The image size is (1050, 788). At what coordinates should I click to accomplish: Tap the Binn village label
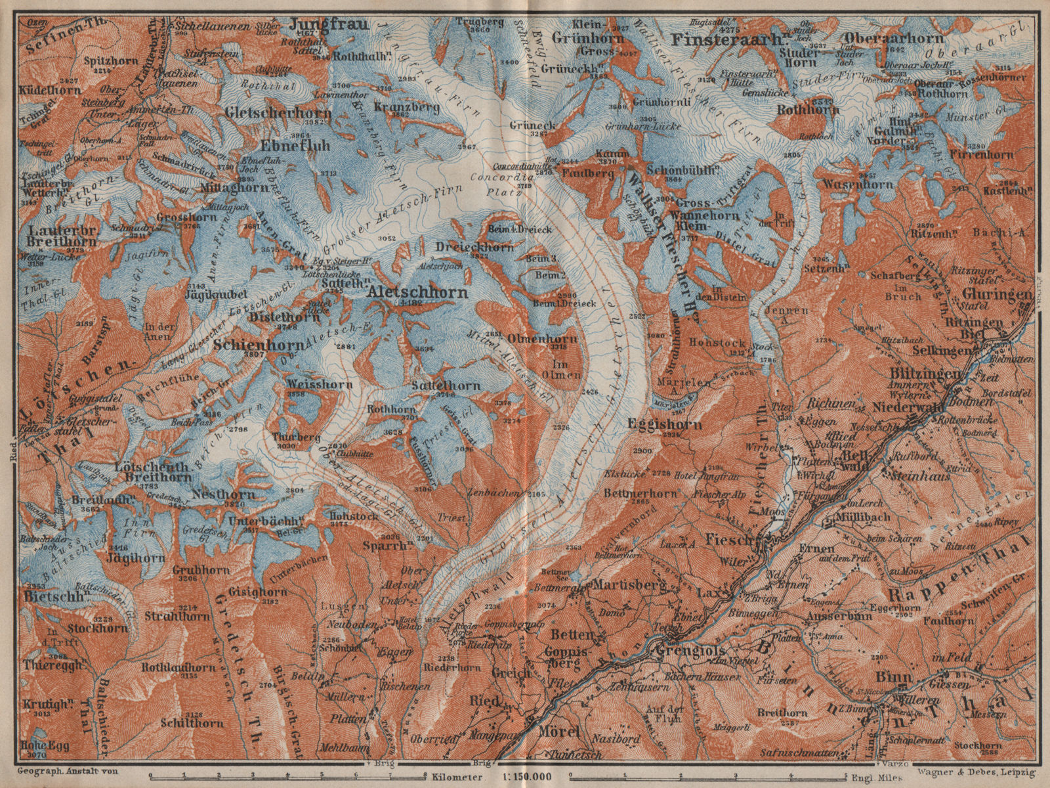coord(886,677)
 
